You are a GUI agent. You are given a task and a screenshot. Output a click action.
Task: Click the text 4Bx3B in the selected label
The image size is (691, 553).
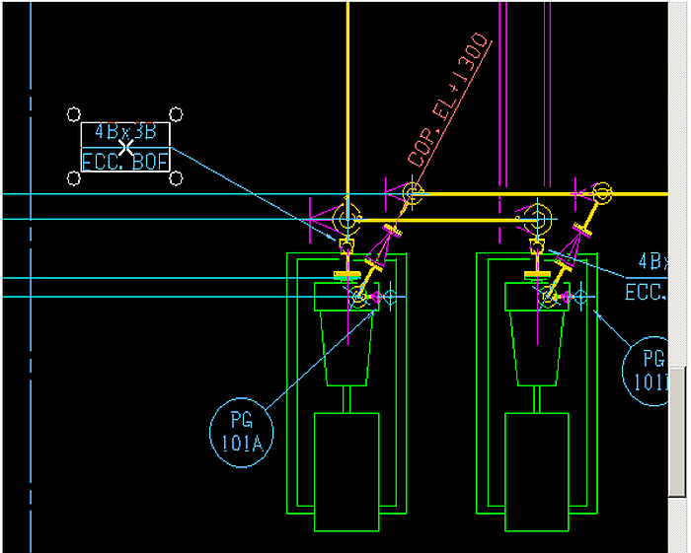pyautogui.click(x=125, y=133)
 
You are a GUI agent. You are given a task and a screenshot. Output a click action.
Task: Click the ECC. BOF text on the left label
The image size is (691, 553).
pyautogui.click(x=125, y=162)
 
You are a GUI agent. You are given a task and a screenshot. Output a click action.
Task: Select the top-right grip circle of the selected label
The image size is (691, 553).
pyautogui.click(x=176, y=114)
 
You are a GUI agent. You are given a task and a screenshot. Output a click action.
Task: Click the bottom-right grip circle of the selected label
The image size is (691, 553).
pyautogui.click(x=176, y=177)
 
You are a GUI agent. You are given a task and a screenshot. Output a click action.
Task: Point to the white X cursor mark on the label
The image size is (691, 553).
pyautogui.click(x=126, y=146)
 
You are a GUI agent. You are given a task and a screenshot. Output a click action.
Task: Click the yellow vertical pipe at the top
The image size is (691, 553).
pyautogui.click(x=347, y=79)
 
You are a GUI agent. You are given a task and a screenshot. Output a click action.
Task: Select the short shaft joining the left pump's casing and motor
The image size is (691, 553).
pyautogui.click(x=346, y=399)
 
